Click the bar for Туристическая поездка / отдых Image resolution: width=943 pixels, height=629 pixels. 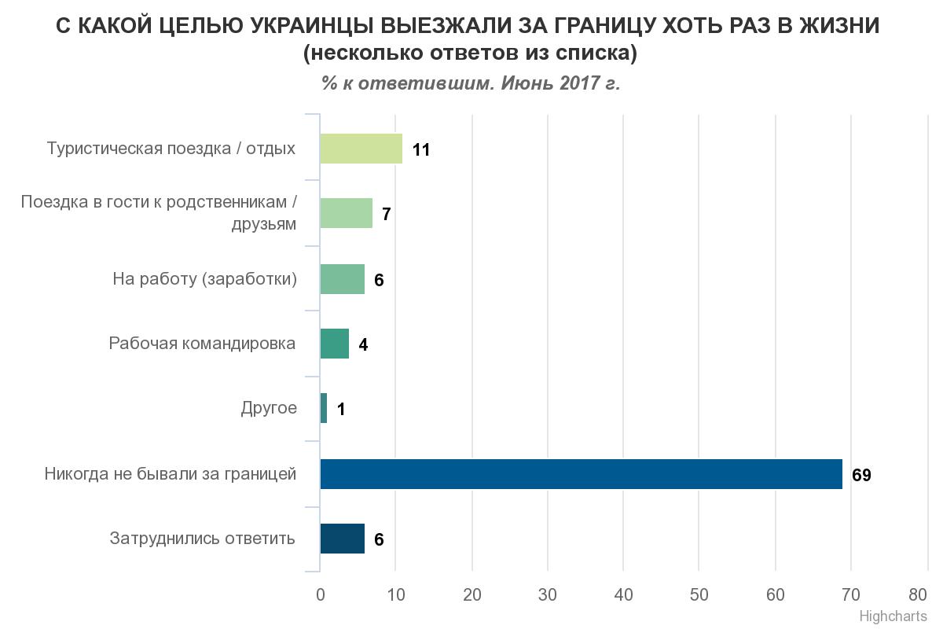point(361,149)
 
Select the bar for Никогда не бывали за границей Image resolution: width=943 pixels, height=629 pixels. point(581,474)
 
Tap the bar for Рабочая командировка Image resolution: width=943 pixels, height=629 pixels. point(335,344)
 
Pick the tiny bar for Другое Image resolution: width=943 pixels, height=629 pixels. point(324,409)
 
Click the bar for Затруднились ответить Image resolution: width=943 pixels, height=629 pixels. point(343,539)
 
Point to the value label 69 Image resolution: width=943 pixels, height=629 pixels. point(861,476)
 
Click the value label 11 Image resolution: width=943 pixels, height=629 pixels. point(421,150)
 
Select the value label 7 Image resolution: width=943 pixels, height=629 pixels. point(386,215)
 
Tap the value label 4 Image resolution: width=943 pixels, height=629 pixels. point(363,345)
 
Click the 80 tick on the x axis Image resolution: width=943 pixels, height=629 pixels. point(918,594)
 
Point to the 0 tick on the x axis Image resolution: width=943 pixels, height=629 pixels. point(321,594)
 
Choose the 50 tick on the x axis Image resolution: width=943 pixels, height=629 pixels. point(699,594)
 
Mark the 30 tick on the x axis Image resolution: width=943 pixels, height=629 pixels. point(548,594)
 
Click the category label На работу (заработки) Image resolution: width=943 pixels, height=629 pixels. point(205,279)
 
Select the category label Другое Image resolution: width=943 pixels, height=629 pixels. point(269,408)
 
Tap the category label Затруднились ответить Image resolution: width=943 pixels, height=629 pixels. point(203,539)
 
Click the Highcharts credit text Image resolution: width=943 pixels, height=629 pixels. point(893,616)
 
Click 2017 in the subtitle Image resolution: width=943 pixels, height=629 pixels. point(580,83)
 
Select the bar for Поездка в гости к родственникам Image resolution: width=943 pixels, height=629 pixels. point(347,213)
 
